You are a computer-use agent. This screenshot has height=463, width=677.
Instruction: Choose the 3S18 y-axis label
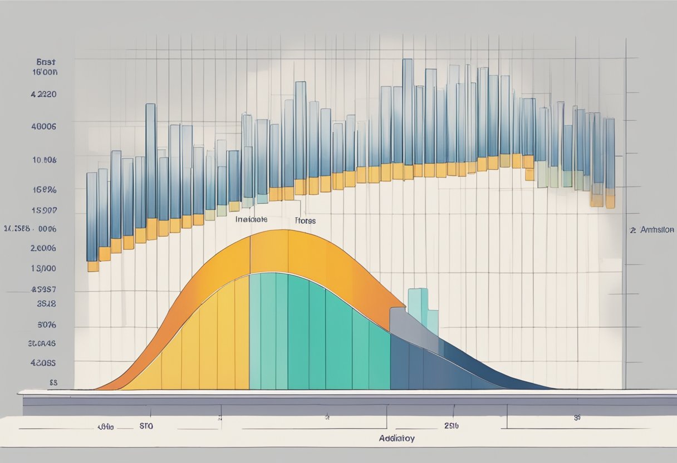[x=46, y=304]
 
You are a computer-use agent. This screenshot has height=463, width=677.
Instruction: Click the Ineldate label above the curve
[x=251, y=220]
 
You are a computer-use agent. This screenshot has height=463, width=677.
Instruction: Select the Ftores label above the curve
[x=305, y=221]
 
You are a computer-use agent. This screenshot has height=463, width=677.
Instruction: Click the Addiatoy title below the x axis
[x=396, y=438]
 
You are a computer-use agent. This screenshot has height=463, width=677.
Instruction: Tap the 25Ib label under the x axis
[x=452, y=426]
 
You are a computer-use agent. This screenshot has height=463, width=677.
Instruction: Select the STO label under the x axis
[x=146, y=426]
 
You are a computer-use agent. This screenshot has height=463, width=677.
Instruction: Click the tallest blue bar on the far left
[x=150, y=161]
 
